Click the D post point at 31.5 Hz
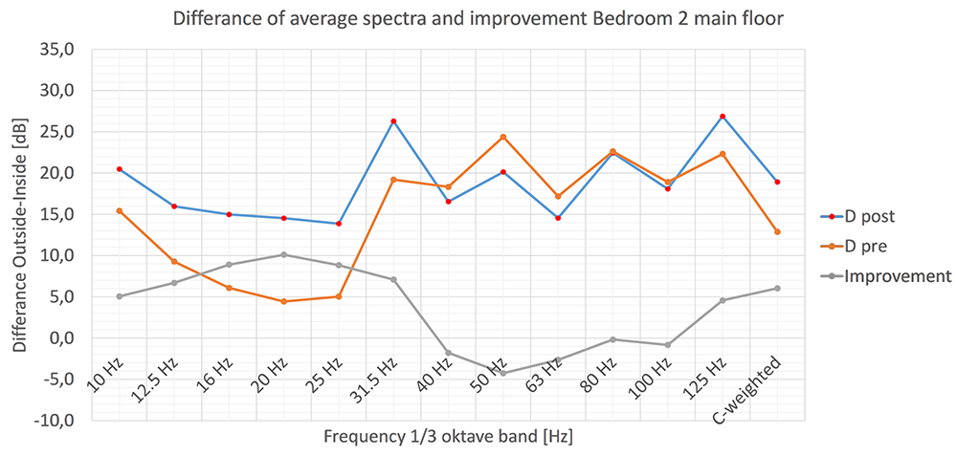click(x=393, y=121)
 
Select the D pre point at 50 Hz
click(x=503, y=137)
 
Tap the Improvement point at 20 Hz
click(x=283, y=254)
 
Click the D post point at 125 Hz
click(x=723, y=117)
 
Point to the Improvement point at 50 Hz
click(x=503, y=373)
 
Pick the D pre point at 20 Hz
click(x=283, y=301)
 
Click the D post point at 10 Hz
click(x=119, y=169)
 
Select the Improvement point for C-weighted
click(x=777, y=288)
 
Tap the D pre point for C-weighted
click(x=777, y=231)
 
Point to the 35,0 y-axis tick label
click(x=59, y=51)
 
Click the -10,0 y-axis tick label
click(x=56, y=422)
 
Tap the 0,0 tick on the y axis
click(x=64, y=338)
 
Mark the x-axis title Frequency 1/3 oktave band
click(x=448, y=437)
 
